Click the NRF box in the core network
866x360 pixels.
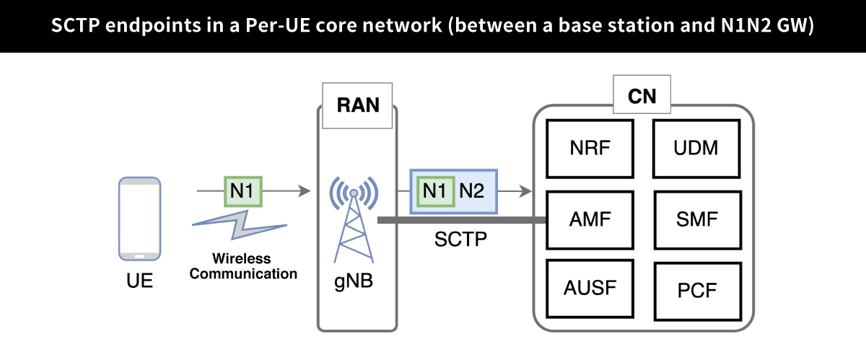590,149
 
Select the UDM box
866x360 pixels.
696,149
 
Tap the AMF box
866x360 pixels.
590,219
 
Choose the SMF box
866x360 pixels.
696,219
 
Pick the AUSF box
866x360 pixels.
590,290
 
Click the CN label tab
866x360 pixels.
642,96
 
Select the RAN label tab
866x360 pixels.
358,105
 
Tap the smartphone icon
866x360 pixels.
139,219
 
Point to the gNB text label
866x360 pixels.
354,280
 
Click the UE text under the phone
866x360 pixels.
139,280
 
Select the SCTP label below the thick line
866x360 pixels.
460,239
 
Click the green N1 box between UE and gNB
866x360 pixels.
242,191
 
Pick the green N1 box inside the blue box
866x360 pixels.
434,191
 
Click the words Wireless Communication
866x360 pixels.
243,266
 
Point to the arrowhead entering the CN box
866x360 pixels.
526,191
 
